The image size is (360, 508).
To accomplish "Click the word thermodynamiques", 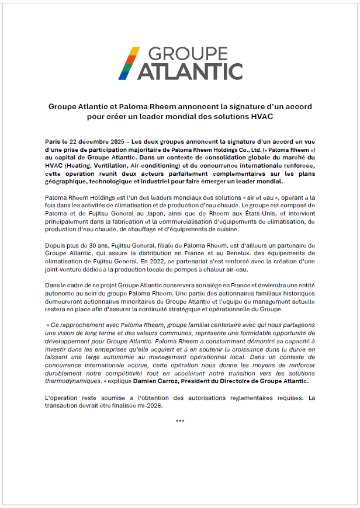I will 72,381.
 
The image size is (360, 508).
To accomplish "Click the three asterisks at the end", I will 180,420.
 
